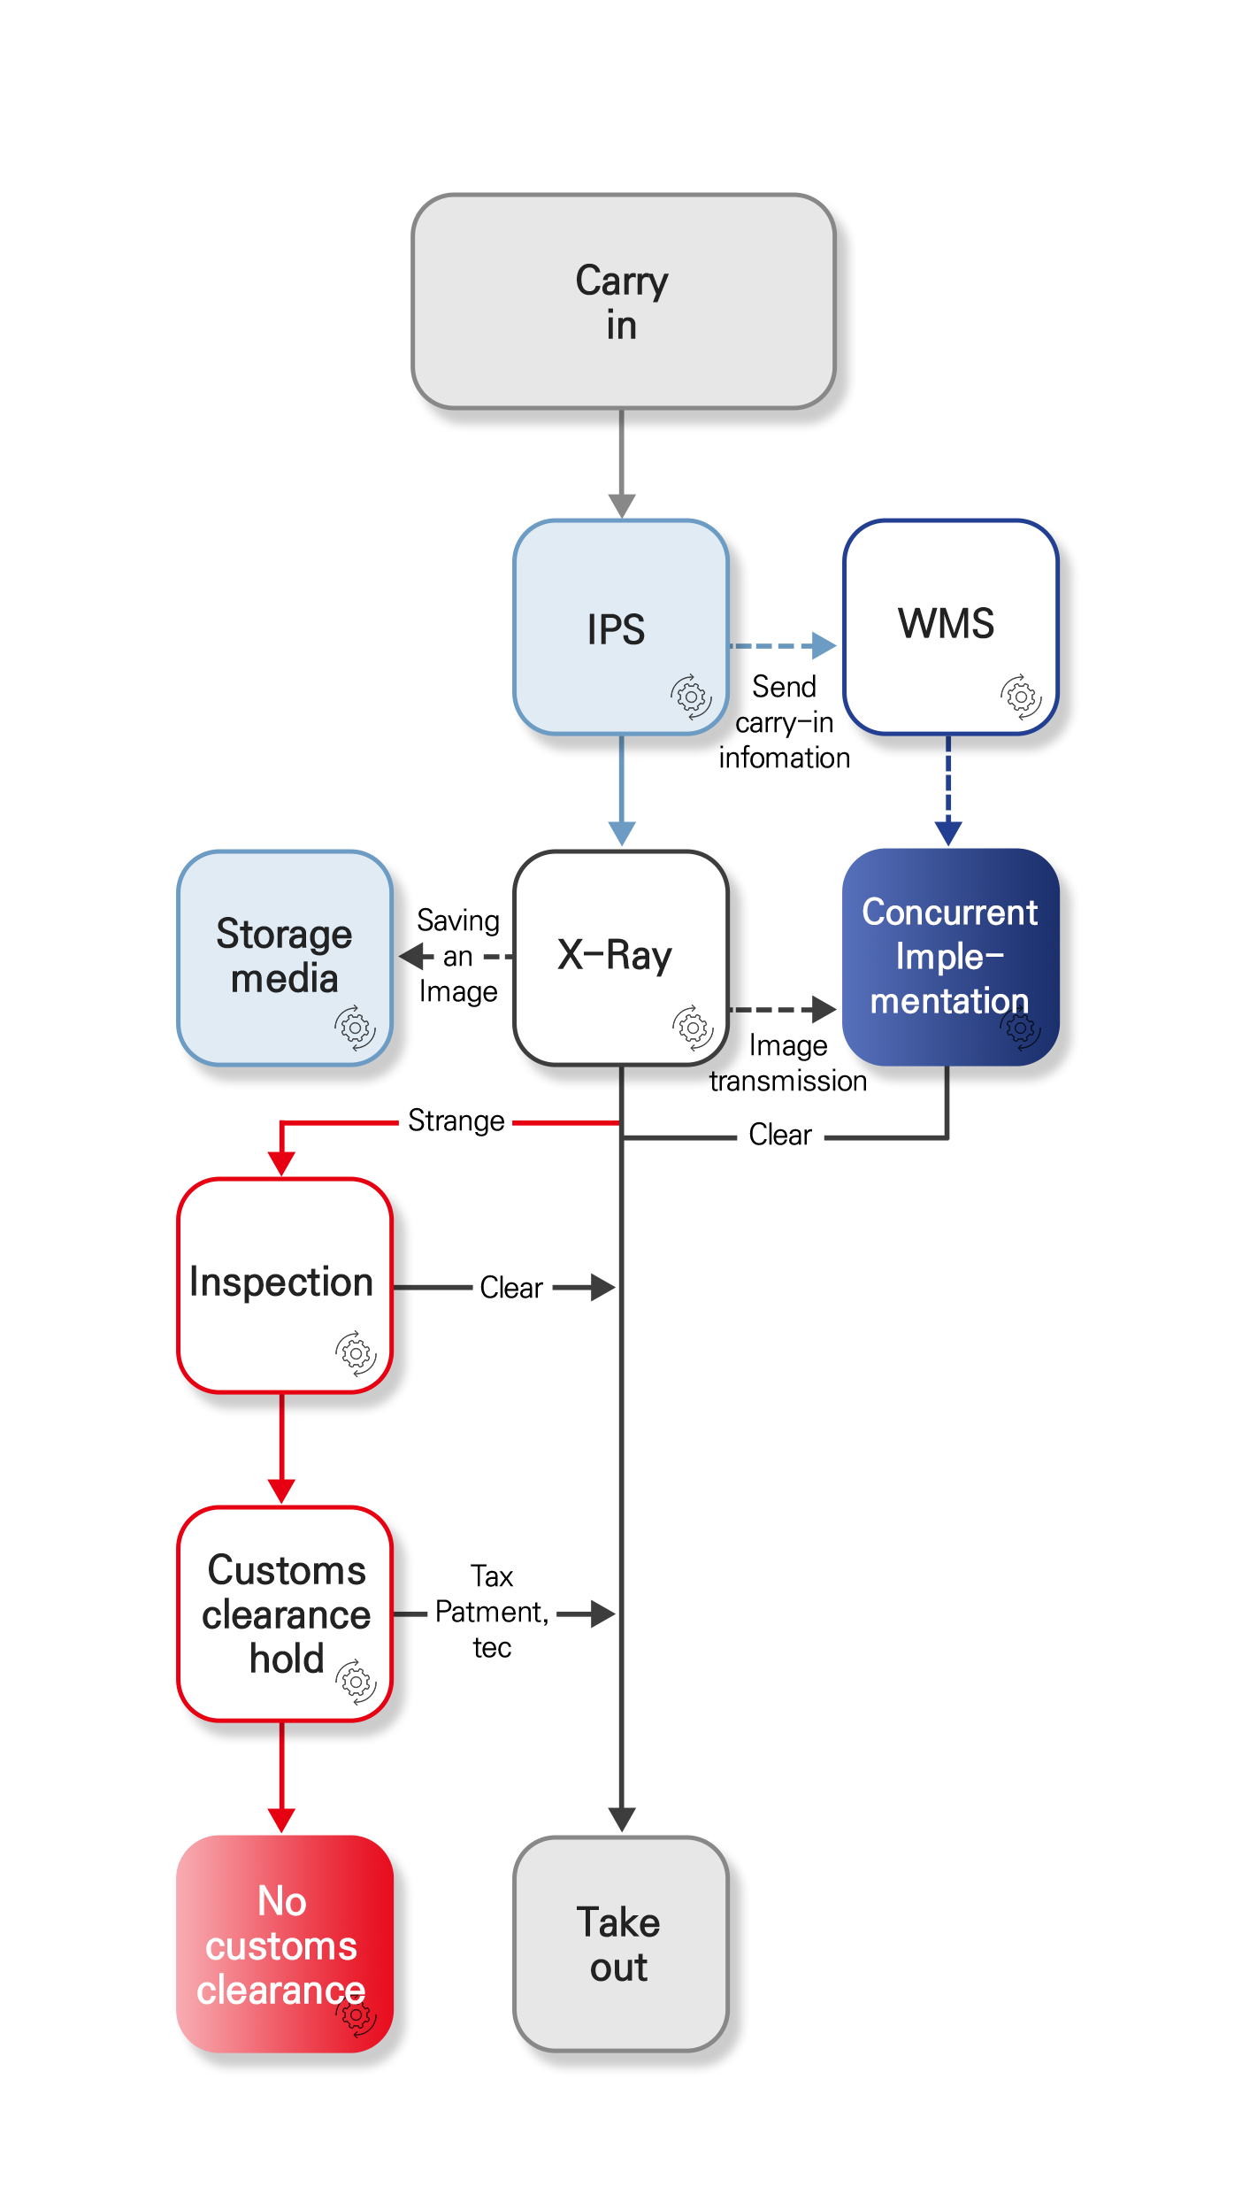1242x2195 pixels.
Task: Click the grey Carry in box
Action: pyautogui.click(x=623, y=302)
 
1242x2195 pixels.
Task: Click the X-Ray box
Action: pyautogui.click(x=620, y=957)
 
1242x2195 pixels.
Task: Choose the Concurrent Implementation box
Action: pyautogui.click(x=950, y=957)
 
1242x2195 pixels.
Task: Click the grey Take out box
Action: pyautogui.click(x=620, y=1944)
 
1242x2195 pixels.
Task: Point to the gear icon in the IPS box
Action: pyautogui.click(x=691, y=697)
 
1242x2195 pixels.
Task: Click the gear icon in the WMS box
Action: pyautogui.click(x=1021, y=697)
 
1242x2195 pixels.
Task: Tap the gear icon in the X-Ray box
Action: pyautogui.click(x=693, y=1028)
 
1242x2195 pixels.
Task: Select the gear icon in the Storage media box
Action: pyautogui.click(x=356, y=1028)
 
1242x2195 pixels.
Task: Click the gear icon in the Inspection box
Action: pyautogui.click(x=356, y=1353)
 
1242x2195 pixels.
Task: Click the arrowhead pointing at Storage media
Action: pyautogui.click(x=411, y=957)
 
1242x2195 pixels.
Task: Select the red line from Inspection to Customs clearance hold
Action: pyautogui.click(x=282, y=1438)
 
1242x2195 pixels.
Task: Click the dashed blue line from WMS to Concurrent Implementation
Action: pyautogui.click(x=948, y=779)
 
